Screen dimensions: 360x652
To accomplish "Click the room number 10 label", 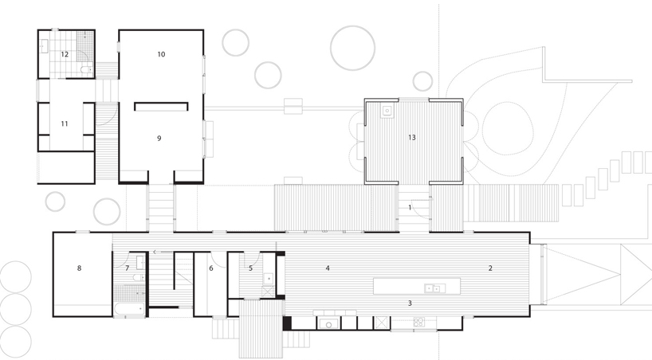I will pyautogui.click(x=161, y=54).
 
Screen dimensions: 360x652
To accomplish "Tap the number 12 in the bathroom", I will pyautogui.click(x=65, y=54).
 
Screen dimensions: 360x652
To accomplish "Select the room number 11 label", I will pyautogui.click(x=65, y=123).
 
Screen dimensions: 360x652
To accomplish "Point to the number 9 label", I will pyautogui.click(x=159, y=138).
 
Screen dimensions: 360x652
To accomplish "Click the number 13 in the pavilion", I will pyautogui.click(x=411, y=138).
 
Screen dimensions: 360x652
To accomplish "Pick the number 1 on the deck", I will pyautogui.click(x=410, y=207).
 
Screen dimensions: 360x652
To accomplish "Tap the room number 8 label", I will pyautogui.click(x=79, y=268).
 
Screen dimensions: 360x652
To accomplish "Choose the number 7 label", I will pyautogui.click(x=127, y=268).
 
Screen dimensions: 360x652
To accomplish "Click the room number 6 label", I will pyautogui.click(x=211, y=268).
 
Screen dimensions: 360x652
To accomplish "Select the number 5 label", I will pyautogui.click(x=250, y=268).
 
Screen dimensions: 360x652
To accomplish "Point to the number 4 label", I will pyautogui.click(x=328, y=268).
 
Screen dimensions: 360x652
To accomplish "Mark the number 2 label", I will pyautogui.click(x=491, y=268).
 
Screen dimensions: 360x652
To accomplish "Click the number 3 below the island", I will pyautogui.click(x=410, y=303).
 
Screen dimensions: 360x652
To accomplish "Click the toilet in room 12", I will pyautogui.click(x=86, y=70).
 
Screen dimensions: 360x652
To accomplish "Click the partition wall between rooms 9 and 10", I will pyautogui.click(x=161, y=104).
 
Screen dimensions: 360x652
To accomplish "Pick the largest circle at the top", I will pyautogui.click(x=352, y=46).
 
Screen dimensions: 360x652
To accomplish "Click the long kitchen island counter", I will pyautogui.click(x=417, y=287).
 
